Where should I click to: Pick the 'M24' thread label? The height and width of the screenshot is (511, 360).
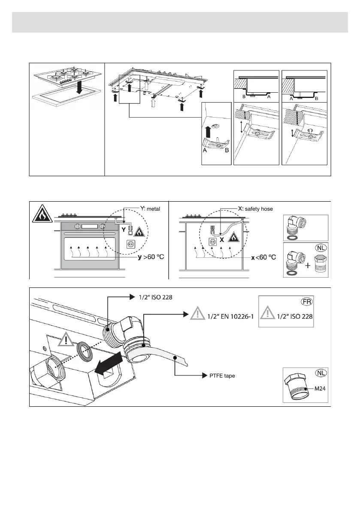(x=318, y=389)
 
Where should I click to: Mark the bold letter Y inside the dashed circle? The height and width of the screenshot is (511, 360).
(x=123, y=230)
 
